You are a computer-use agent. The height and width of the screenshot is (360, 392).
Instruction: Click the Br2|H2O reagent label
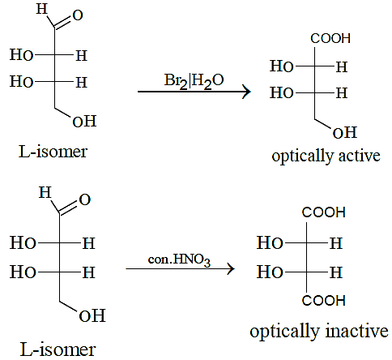194,81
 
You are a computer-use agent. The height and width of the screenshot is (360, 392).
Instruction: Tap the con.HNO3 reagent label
179,260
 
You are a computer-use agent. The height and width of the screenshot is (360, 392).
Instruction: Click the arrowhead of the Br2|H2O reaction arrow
246,92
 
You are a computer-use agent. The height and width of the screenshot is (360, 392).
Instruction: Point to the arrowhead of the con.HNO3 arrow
231,269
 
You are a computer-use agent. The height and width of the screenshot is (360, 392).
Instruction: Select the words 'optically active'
326,156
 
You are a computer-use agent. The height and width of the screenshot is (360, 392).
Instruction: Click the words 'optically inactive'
319,332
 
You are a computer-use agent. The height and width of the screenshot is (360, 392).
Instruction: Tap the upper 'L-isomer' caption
53,152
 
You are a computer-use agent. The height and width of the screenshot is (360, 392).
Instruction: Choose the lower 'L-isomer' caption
58,349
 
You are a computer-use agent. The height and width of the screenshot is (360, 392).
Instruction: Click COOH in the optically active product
330,38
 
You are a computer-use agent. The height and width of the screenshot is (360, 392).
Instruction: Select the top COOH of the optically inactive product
323,212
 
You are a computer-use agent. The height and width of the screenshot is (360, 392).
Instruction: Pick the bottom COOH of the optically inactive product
323,301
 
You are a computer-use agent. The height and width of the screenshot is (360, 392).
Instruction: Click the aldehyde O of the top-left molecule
78,15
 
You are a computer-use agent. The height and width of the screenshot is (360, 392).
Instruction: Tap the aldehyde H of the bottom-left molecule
45,192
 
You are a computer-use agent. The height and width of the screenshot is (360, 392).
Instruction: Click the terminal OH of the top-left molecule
84,121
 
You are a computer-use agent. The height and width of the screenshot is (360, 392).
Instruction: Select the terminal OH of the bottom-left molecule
92,315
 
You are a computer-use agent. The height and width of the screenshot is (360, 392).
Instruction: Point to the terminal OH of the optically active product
345,133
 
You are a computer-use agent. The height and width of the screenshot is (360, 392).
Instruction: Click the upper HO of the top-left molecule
22,55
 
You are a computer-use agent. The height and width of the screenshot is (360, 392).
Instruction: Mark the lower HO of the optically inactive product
270,272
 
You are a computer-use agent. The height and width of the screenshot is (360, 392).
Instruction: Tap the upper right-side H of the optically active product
342,67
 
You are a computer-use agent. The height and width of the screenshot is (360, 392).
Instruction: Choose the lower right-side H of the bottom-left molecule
89,272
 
